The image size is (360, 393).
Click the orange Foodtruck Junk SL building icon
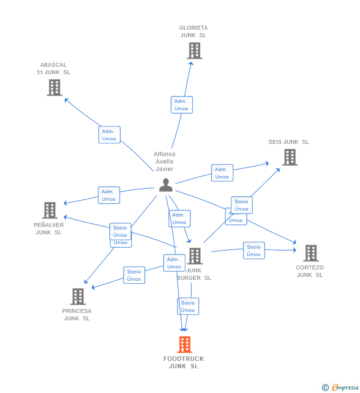[184, 344]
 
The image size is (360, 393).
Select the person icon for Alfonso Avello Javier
[166, 185]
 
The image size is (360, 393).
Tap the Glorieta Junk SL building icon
[194, 50]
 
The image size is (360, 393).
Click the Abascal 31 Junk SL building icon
[54, 87]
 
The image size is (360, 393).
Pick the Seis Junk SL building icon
[290, 157]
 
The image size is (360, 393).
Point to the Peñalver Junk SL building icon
[49, 210]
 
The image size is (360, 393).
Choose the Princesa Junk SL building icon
[78, 297]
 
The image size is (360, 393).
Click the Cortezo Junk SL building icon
[311, 253]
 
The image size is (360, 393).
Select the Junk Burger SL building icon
[195, 256]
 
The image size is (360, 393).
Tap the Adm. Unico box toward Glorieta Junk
[181, 105]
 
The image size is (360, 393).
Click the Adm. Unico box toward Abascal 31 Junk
[109, 135]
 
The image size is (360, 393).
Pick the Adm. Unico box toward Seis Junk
[222, 173]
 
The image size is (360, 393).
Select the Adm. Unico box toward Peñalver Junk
[109, 195]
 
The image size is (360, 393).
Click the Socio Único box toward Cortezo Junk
[254, 251]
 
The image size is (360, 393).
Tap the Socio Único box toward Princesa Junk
[134, 275]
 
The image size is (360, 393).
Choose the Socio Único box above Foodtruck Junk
[188, 306]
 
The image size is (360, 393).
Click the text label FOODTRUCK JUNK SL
[183, 362]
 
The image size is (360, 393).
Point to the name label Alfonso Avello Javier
[165, 162]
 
